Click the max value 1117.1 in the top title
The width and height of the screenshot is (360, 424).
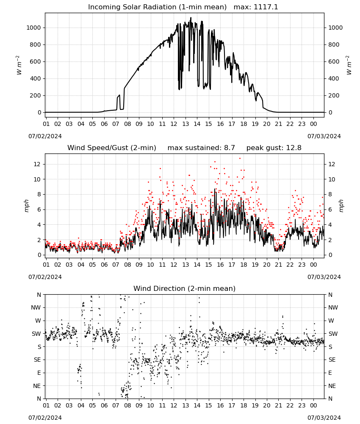pyautogui.click(x=266, y=7)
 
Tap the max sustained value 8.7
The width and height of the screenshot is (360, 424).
pyautogui.click(x=230, y=148)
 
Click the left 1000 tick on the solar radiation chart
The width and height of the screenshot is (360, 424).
pyautogui.click(x=33, y=28)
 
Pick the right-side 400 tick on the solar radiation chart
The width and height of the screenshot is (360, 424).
pyautogui.click(x=334, y=78)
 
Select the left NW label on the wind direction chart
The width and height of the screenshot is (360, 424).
pyautogui.click(x=36, y=307)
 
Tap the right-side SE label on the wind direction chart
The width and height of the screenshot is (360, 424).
pyautogui.click(x=332, y=360)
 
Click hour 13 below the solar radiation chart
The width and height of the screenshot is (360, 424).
pyautogui.click(x=185, y=124)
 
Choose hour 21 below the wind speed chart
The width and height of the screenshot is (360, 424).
pyautogui.click(x=278, y=265)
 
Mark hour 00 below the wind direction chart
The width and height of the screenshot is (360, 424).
pyautogui.click(x=313, y=405)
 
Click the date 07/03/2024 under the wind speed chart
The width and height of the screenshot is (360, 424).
pyautogui.click(x=324, y=277)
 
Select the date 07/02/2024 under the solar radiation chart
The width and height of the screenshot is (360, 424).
pyautogui.click(x=45, y=136)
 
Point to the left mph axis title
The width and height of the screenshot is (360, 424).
pyautogui.click(x=26, y=206)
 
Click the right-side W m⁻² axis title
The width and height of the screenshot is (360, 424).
pyautogui.click(x=349, y=65)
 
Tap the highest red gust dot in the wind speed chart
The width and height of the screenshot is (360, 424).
pyautogui.click(x=240, y=159)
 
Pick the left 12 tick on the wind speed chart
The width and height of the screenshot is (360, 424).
pyautogui.click(x=37, y=164)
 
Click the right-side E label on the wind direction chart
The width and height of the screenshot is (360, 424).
pyautogui.click(x=330, y=373)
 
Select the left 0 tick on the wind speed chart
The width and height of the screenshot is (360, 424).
pyautogui.click(x=39, y=255)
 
